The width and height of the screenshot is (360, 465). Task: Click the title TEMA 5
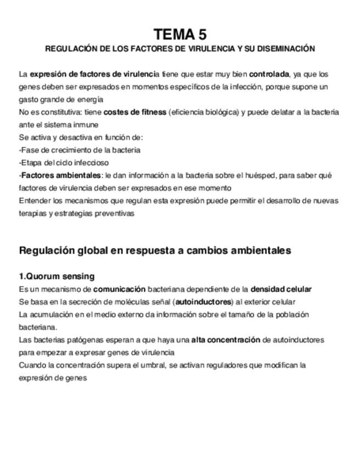pos(180,35)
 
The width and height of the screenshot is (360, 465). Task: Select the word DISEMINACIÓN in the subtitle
pos(286,49)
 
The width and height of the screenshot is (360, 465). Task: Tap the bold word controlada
pos(269,73)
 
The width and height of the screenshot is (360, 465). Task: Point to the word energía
pos(90,99)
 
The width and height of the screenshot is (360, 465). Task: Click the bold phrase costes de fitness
pos(134,112)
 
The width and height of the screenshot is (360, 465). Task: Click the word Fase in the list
pos(30,150)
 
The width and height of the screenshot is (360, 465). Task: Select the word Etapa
pos(32,162)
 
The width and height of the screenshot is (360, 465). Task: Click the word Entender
pos(35,201)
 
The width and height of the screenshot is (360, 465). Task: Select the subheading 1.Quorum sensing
pos(57,276)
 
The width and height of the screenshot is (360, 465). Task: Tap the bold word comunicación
pos(119,288)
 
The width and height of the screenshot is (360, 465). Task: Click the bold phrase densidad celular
pos(281,288)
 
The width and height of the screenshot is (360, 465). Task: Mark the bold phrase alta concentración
pos(226,339)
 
